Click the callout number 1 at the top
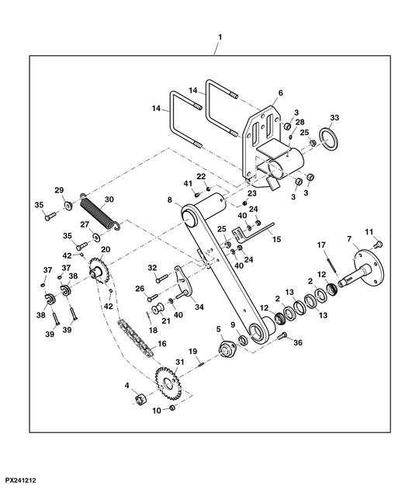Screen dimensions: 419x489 pyautogui.click(x=220, y=37)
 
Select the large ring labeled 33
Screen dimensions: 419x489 pyautogui.click(x=328, y=139)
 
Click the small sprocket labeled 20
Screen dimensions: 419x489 pyautogui.click(x=99, y=270)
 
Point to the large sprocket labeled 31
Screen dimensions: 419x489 pyautogui.click(x=168, y=383)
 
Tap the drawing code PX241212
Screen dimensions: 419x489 pyautogui.click(x=21, y=480)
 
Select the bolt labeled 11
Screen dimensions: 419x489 pyautogui.click(x=378, y=244)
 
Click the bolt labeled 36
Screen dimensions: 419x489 pyautogui.click(x=282, y=336)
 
